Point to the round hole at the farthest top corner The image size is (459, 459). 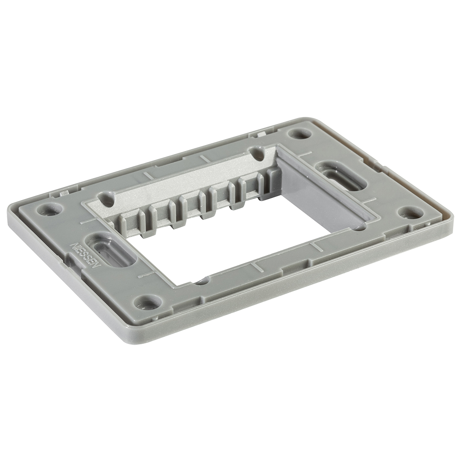299,134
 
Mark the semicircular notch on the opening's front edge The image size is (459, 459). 202,281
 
